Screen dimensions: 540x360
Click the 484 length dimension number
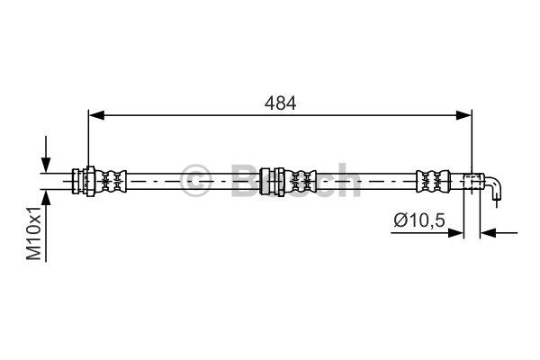click(x=280, y=103)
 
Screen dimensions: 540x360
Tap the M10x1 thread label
click(x=34, y=233)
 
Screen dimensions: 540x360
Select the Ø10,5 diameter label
click(x=419, y=220)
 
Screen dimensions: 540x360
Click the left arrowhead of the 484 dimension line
click(x=96, y=116)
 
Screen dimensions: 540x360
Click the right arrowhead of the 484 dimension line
click(x=463, y=116)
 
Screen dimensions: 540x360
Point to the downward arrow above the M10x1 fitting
click(x=46, y=154)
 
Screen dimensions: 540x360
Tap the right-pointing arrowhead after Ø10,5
click(x=456, y=233)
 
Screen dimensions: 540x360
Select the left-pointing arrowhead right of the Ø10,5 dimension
click(x=488, y=233)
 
